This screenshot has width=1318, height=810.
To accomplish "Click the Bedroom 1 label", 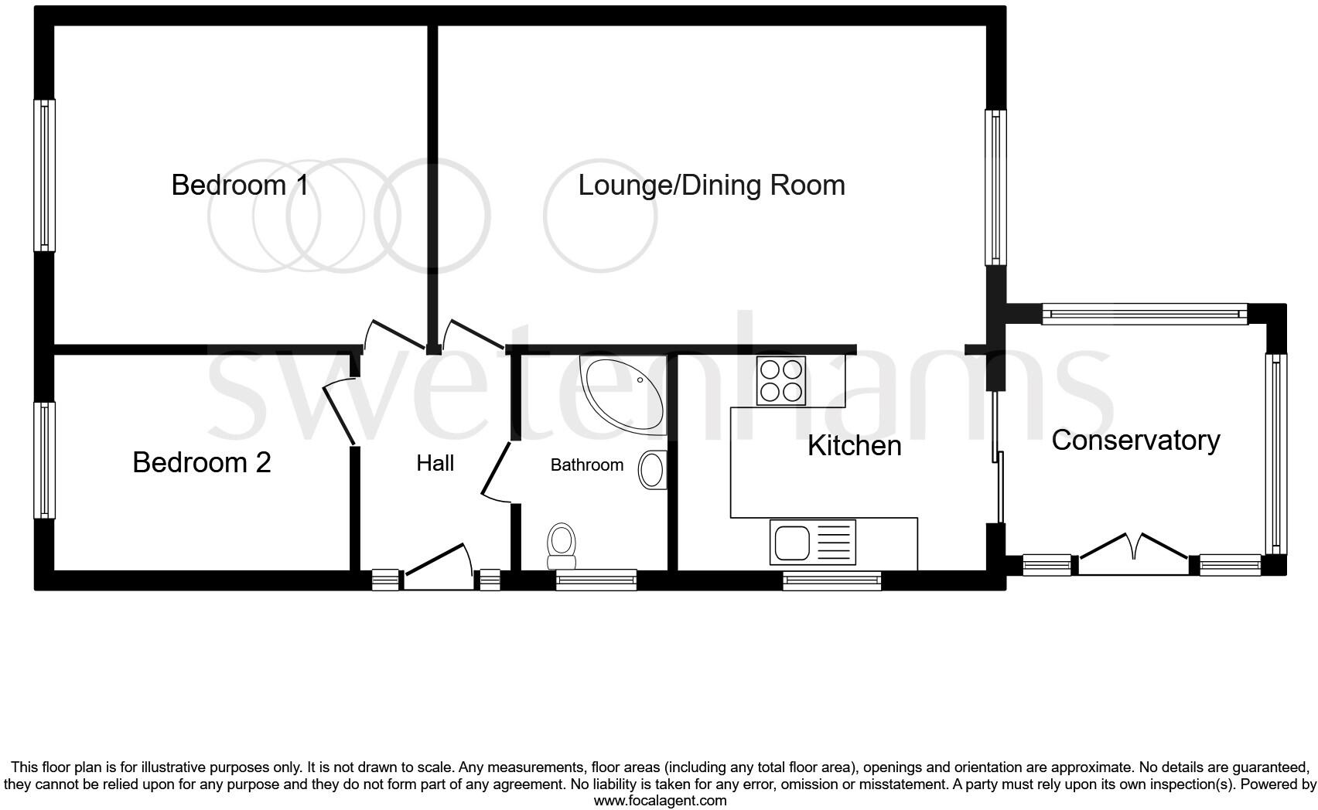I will (240, 185).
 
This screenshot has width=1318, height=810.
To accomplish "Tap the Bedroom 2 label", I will (202, 462).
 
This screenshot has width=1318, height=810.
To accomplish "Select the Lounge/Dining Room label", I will (712, 185).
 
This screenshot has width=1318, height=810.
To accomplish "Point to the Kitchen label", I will (854, 446).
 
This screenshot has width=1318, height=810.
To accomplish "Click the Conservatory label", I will (1135, 441).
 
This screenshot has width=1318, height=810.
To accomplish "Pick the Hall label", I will (435, 464).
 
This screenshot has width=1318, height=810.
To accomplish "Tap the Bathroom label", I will (586, 465).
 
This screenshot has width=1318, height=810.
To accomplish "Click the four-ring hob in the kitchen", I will (780, 380).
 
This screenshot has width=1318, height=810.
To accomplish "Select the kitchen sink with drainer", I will (813, 542).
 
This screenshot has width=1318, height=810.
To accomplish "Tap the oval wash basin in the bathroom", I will (652, 470).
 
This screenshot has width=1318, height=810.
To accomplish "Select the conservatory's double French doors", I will (1134, 553).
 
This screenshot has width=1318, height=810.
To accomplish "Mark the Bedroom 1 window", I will (45, 175).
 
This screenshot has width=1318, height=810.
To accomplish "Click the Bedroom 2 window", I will (45, 460).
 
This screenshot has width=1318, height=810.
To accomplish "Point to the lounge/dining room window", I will (995, 187).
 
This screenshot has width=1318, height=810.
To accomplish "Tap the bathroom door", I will (496, 471).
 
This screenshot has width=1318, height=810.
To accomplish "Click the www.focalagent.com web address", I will (660, 801).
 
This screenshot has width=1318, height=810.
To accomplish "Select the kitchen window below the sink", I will (832, 580).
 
